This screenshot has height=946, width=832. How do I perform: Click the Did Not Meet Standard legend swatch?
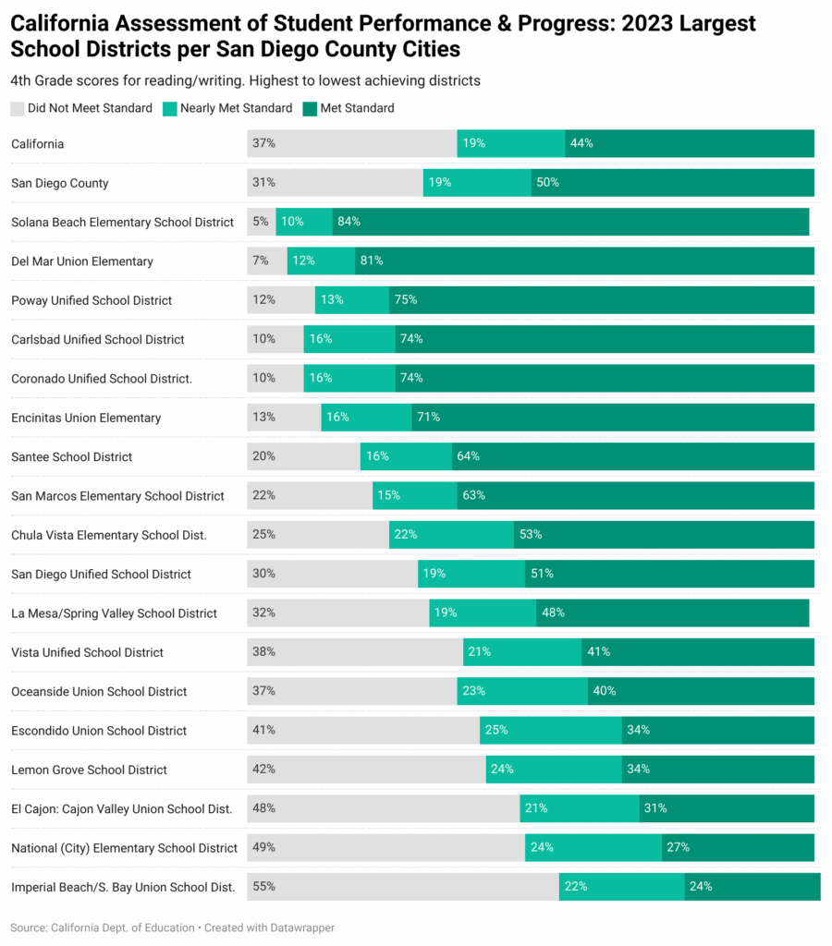click(18, 108)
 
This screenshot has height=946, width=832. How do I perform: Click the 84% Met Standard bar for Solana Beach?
click(570, 222)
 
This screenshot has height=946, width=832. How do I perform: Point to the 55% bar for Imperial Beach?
click(402, 887)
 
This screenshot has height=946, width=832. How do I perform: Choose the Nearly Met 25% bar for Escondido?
click(550, 731)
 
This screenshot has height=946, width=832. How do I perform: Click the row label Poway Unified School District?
click(92, 300)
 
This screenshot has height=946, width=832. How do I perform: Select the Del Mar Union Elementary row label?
click(82, 261)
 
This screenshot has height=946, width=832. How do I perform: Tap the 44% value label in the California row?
click(581, 143)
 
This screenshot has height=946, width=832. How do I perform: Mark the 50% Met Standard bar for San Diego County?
click(672, 183)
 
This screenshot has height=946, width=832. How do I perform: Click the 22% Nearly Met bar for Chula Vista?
click(451, 535)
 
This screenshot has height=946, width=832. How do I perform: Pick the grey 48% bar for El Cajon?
click(383, 808)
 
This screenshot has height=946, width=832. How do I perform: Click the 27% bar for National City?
click(738, 848)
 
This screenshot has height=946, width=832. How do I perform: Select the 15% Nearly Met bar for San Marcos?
click(414, 496)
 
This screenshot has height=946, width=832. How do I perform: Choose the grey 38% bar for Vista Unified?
click(355, 652)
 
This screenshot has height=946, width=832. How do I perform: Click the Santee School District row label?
click(71, 457)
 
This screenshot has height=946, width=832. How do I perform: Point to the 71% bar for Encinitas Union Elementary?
click(612, 418)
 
